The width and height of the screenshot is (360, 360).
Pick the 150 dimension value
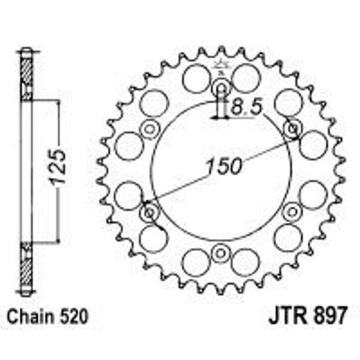pos(223,166)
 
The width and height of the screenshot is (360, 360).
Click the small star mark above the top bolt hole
pos(222,67)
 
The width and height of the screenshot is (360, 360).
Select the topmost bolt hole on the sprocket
pos(222,88)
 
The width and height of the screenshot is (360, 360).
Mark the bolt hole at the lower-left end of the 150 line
pos(150,211)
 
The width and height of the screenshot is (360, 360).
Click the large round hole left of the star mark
pos(196,78)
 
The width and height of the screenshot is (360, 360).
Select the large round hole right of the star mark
pos(246,78)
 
